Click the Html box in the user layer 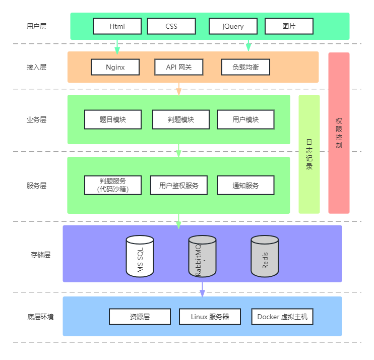pos(117,26)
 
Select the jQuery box pos(233,26)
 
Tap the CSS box pos(171,26)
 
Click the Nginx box pos(115,67)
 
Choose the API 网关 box pos(178,67)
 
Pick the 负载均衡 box pos(245,67)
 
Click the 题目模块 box pos(112,119)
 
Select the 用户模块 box pos(245,119)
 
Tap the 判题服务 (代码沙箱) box pos(112,185)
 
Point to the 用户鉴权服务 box pos(179,185)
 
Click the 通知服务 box pos(245,185)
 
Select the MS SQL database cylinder pos(140,256)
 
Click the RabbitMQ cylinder pos(202,256)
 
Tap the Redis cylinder pos(265,256)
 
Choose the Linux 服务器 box pos(210,317)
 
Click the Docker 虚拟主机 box pos(282,317)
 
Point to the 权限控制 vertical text pos(339,133)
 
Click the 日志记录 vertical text pos(309,154)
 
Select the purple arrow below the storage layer pos(202,289)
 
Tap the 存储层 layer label pos(40,255)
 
